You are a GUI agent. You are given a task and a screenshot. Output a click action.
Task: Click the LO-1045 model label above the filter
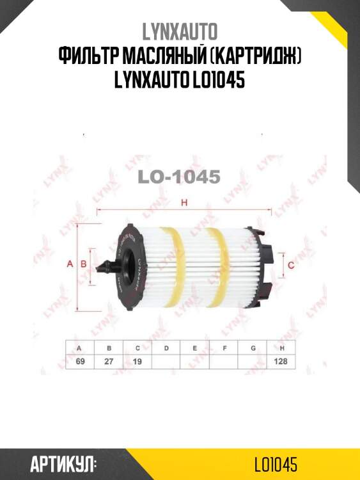(x=180, y=177)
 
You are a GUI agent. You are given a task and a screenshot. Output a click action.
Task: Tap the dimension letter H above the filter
(x=184, y=204)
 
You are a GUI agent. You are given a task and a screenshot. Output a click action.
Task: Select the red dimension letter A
(x=70, y=264)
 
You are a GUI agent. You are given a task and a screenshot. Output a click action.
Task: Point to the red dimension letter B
(x=83, y=264)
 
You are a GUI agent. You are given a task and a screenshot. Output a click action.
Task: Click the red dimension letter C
(x=290, y=264)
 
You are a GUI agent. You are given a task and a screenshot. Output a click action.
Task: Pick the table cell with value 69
(x=79, y=362)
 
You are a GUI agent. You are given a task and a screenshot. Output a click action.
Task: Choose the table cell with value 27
(x=109, y=362)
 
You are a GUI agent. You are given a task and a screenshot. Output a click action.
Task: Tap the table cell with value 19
(x=137, y=362)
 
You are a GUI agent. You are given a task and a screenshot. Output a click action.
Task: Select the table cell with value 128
(x=281, y=362)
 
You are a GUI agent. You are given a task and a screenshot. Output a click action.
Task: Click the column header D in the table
(x=166, y=348)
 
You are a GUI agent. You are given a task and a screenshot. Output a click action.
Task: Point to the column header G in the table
(x=253, y=348)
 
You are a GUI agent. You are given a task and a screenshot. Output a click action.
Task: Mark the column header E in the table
(x=195, y=348)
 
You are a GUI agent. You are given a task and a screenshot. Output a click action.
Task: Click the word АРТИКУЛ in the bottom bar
(x=63, y=464)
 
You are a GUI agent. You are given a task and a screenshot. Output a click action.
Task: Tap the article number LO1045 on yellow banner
(x=275, y=464)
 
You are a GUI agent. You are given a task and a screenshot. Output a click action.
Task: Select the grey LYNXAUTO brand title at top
(x=180, y=31)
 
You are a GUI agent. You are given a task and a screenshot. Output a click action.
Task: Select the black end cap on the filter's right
(x=269, y=264)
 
